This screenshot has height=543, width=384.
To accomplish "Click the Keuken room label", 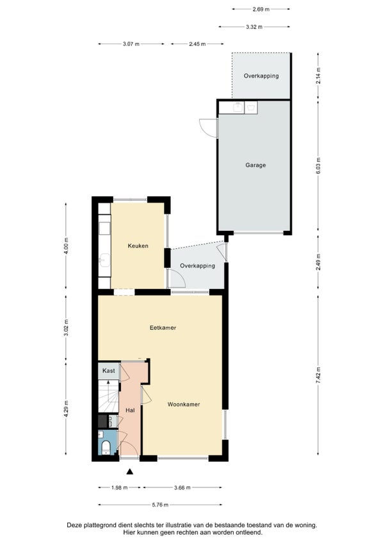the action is (x=138, y=246).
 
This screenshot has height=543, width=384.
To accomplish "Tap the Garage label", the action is (x=255, y=165).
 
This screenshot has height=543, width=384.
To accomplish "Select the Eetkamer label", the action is (x=163, y=327).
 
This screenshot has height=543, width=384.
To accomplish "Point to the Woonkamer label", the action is (x=184, y=404).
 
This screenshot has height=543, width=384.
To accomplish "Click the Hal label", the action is (x=131, y=411).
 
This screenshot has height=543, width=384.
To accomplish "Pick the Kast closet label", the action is (x=109, y=371).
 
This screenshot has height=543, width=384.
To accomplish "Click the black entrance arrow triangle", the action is (x=130, y=471).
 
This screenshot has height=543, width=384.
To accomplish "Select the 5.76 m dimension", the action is (x=160, y=505).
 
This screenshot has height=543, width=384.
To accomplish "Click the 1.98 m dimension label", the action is (x=119, y=487).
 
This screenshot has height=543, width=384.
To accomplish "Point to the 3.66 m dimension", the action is (x=182, y=487).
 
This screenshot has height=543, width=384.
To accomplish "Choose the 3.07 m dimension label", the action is (x=131, y=44).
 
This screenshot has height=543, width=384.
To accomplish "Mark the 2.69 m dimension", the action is (x=261, y=10).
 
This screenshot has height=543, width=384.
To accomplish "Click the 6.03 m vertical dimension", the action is (x=318, y=166).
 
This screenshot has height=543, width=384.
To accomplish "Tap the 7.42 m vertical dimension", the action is (x=318, y=374).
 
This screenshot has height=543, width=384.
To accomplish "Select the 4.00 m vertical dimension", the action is (x=66, y=246).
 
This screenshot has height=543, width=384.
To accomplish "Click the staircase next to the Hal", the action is (x=108, y=397).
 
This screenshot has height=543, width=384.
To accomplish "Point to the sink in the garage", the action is (x=238, y=107).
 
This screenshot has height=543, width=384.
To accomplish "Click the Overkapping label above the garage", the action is (x=261, y=76).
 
